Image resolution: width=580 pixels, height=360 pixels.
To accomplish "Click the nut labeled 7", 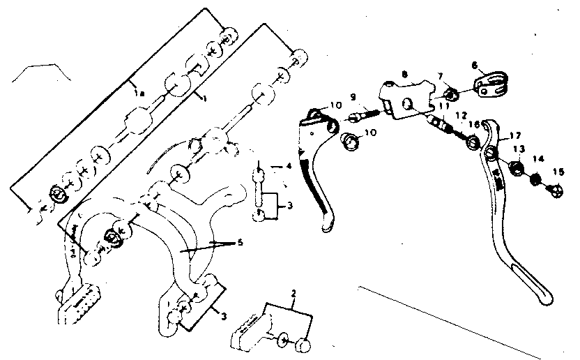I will pos(450,94).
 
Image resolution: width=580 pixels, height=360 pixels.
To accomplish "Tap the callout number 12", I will pos(461,116).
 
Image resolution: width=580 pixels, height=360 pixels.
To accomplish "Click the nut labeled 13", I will pos(517,167).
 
